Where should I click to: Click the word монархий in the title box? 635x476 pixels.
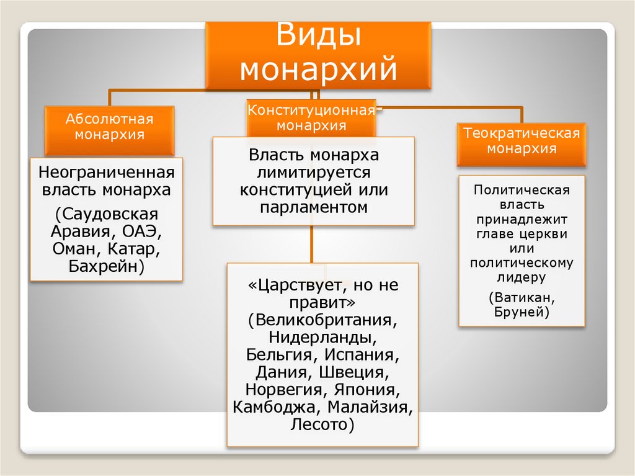point(318,68)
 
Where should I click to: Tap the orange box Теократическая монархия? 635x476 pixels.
point(522,141)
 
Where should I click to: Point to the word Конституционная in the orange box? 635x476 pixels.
point(311,110)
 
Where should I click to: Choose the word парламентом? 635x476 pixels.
point(314,206)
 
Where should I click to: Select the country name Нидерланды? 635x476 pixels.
point(322,338)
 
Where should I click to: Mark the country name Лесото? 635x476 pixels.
point(322,425)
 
